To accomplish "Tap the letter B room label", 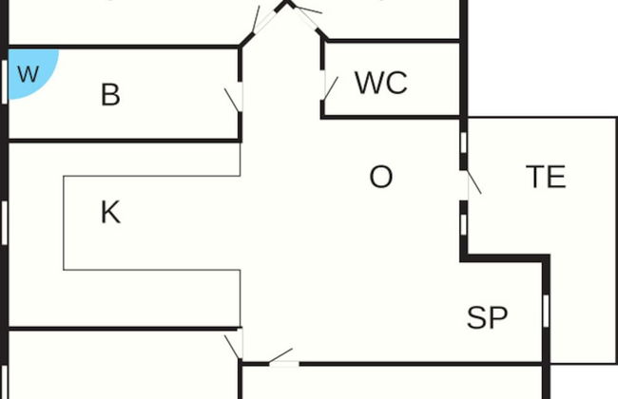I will pyautogui.click(x=110, y=95).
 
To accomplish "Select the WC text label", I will pyautogui.click(x=381, y=83).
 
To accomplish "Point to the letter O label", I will pyautogui.click(x=380, y=177).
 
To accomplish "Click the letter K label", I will pyautogui.click(x=110, y=213).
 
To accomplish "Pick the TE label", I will pyautogui.click(x=546, y=177).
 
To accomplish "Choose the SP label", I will pyautogui.click(x=488, y=318).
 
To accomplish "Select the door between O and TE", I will pyautogui.click(x=470, y=182).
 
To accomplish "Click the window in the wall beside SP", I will pyautogui.click(x=546, y=310).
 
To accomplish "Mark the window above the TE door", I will pyautogui.click(x=463, y=142).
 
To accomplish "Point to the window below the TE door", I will pyautogui.click(x=463, y=222).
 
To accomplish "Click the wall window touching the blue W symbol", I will pyautogui.click(x=5, y=73).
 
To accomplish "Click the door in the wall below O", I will pyautogui.click(x=282, y=359).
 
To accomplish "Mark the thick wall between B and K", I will pyautogui.click(x=124, y=141).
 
